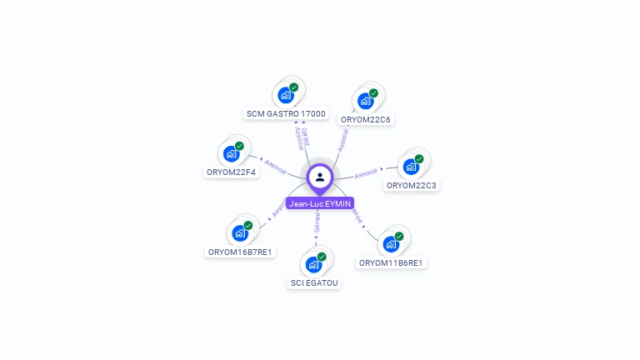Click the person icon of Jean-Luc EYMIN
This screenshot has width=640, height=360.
click(320, 177)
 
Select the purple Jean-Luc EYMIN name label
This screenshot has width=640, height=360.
click(320, 203)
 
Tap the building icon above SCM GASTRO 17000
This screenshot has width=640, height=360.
click(286, 94)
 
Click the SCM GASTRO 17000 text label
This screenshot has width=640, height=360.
click(287, 113)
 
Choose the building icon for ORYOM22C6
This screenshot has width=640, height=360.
click(365, 101)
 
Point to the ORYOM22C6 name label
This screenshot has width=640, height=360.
click(366, 119)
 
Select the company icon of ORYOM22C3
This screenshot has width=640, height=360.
click(411, 166)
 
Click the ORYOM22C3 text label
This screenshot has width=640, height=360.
click(412, 185)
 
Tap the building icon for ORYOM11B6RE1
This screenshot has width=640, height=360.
click(391, 244)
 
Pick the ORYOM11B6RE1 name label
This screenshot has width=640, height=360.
click(391, 263)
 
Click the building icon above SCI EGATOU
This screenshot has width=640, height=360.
click(314, 264)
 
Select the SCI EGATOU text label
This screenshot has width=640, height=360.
click(315, 283)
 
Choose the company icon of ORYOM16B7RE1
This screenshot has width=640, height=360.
click(240, 232)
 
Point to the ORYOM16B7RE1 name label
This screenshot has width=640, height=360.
click(241, 252)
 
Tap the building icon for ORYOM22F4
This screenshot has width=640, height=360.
click(231, 153)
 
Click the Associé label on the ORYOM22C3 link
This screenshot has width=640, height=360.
click(366, 174)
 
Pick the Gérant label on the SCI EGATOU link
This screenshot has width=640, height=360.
click(317, 222)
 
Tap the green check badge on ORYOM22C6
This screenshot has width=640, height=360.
click(373, 93)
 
